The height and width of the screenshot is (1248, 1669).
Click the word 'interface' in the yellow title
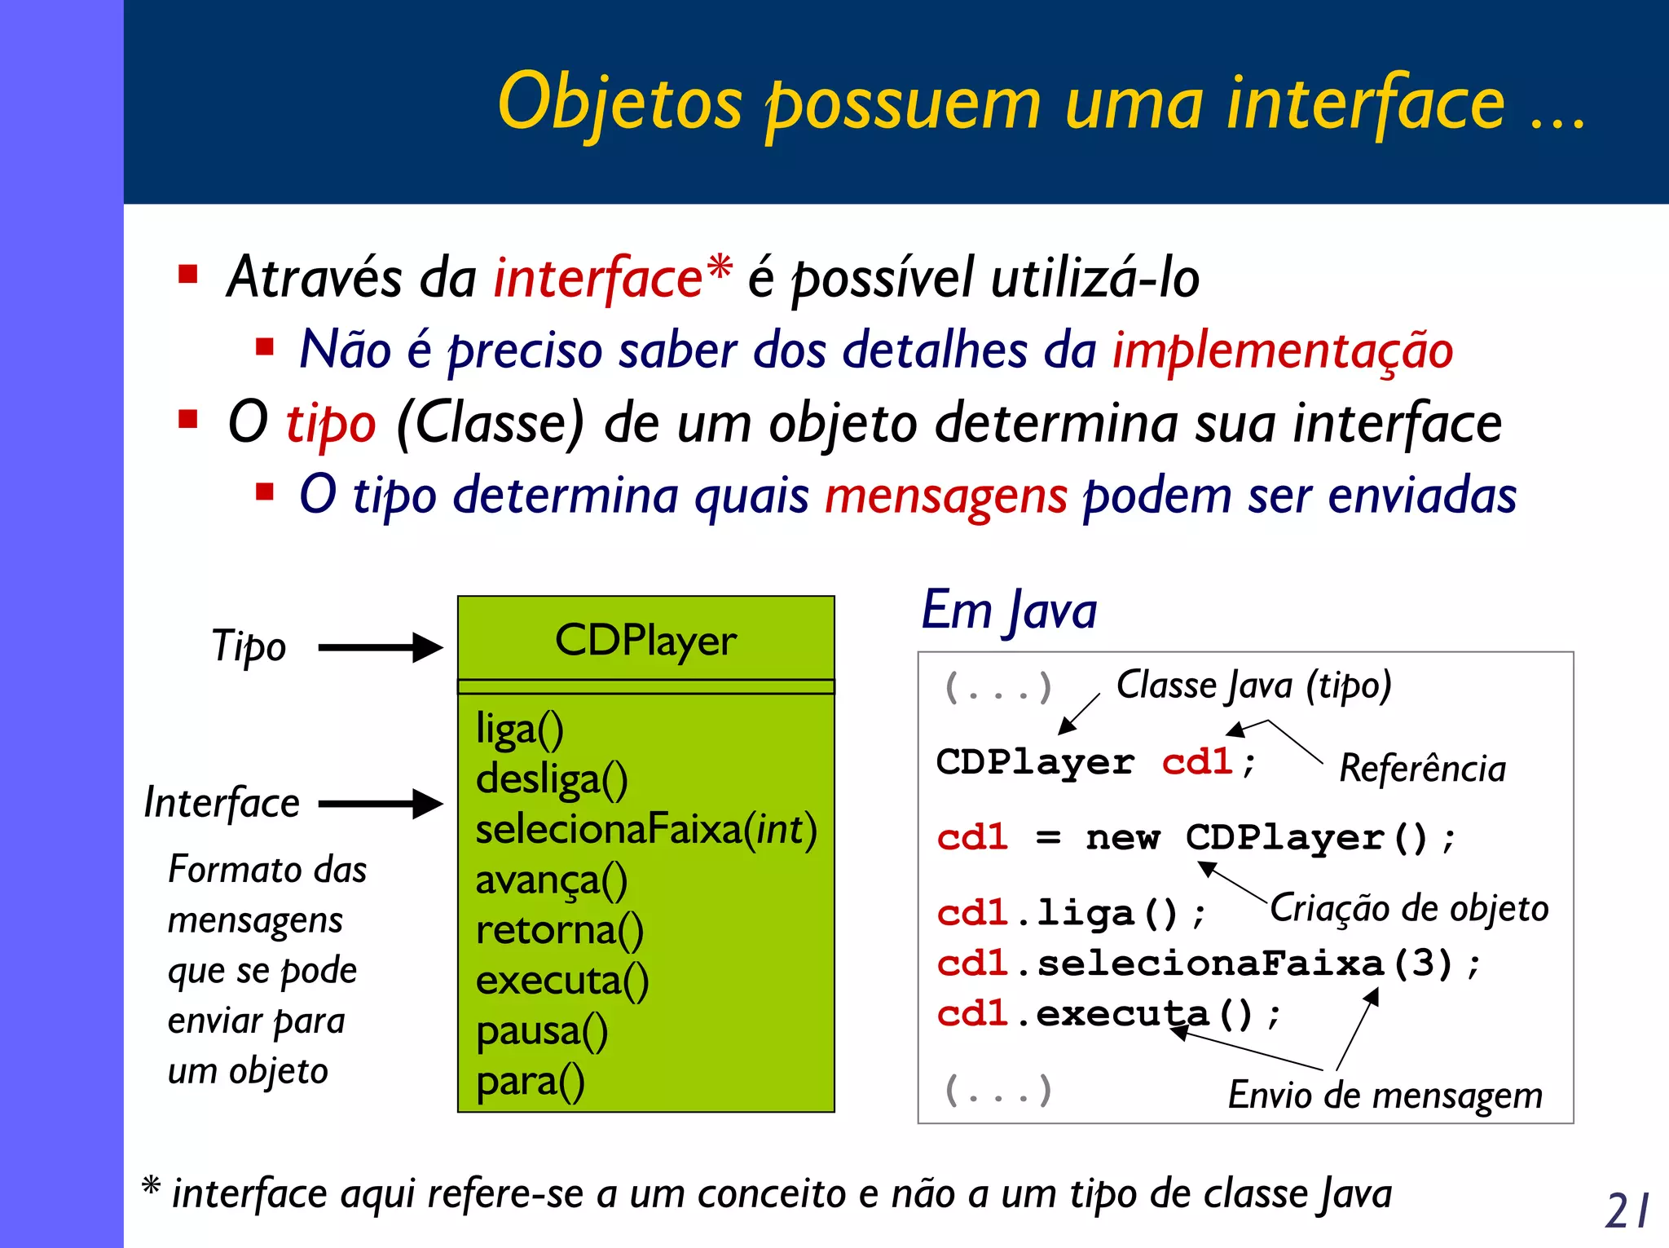point(1365,104)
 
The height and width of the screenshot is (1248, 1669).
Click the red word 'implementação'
point(1283,351)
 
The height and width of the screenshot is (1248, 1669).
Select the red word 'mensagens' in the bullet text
point(945,496)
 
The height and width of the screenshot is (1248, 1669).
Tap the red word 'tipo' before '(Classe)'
point(331,424)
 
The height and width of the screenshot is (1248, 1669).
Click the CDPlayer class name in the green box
point(645,641)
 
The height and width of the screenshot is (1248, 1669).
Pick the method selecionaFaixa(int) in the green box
point(645,830)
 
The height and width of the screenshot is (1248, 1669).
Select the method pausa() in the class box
point(542,1031)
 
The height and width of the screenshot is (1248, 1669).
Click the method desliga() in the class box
point(552,779)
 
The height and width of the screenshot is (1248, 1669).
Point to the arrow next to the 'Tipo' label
point(380,648)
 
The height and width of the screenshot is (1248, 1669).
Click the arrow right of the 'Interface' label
point(380,804)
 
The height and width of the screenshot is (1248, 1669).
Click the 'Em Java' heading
point(1009,611)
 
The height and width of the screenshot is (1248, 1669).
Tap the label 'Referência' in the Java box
point(1422,769)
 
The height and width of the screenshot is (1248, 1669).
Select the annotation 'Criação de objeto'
point(1409,908)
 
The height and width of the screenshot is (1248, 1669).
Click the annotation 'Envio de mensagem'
point(1385,1095)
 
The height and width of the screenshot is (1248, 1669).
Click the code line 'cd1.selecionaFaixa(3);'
point(1208,964)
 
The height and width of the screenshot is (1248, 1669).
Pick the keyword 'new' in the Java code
point(1122,838)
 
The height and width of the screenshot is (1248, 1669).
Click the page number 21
point(1627,1211)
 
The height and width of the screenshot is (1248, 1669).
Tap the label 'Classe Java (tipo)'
point(1253,686)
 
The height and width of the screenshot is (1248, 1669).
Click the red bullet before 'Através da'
point(188,274)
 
